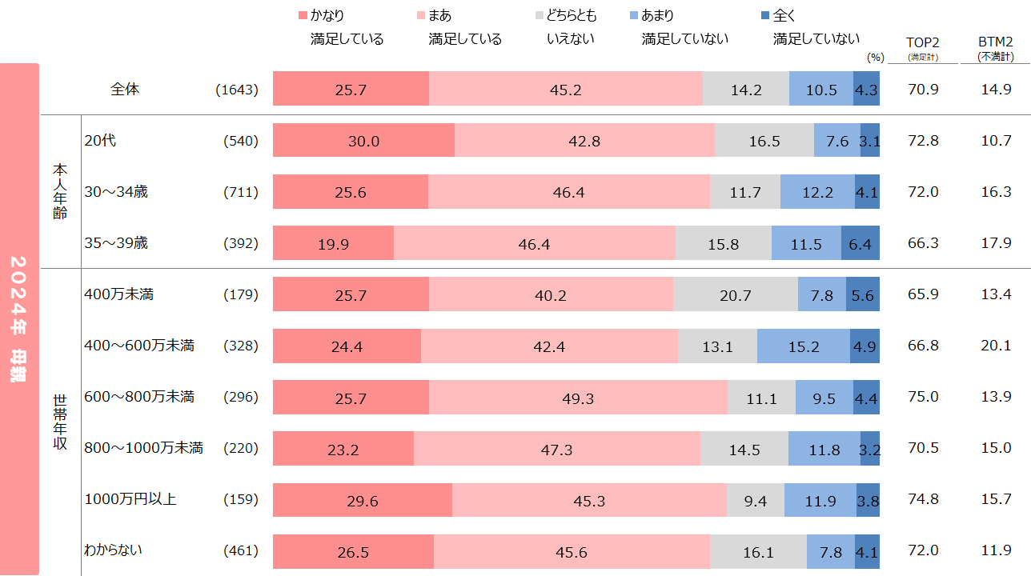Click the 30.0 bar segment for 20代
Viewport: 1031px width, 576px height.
click(363, 141)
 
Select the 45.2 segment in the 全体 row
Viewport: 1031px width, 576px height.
click(565, 90)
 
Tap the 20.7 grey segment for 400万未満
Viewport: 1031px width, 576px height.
click(735, 294)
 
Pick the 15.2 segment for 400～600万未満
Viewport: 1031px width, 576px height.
click(803, 346)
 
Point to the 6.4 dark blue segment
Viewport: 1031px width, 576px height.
click(860, 243)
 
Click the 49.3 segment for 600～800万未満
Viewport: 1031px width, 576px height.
click(578, 397)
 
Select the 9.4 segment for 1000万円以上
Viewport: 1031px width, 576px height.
click(755, 499)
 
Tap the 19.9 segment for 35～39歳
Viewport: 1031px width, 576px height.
click(333, 243)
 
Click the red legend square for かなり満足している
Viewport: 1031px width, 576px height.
click(302, 16)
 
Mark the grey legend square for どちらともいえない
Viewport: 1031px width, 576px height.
click(539, 16)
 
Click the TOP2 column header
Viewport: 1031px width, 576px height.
click(922, 42)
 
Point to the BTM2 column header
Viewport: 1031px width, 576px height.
click(995, 42)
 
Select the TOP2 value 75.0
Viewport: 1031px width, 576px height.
click(923, 397)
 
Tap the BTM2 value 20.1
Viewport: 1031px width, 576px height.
click(996, 346)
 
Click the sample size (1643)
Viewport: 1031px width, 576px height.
click(237, 90)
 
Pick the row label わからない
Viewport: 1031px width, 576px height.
click(114, 550)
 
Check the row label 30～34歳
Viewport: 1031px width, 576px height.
click(115, 192)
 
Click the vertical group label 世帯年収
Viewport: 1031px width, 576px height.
click(60, 422)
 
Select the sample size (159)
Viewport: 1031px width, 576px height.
click(241, 499)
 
